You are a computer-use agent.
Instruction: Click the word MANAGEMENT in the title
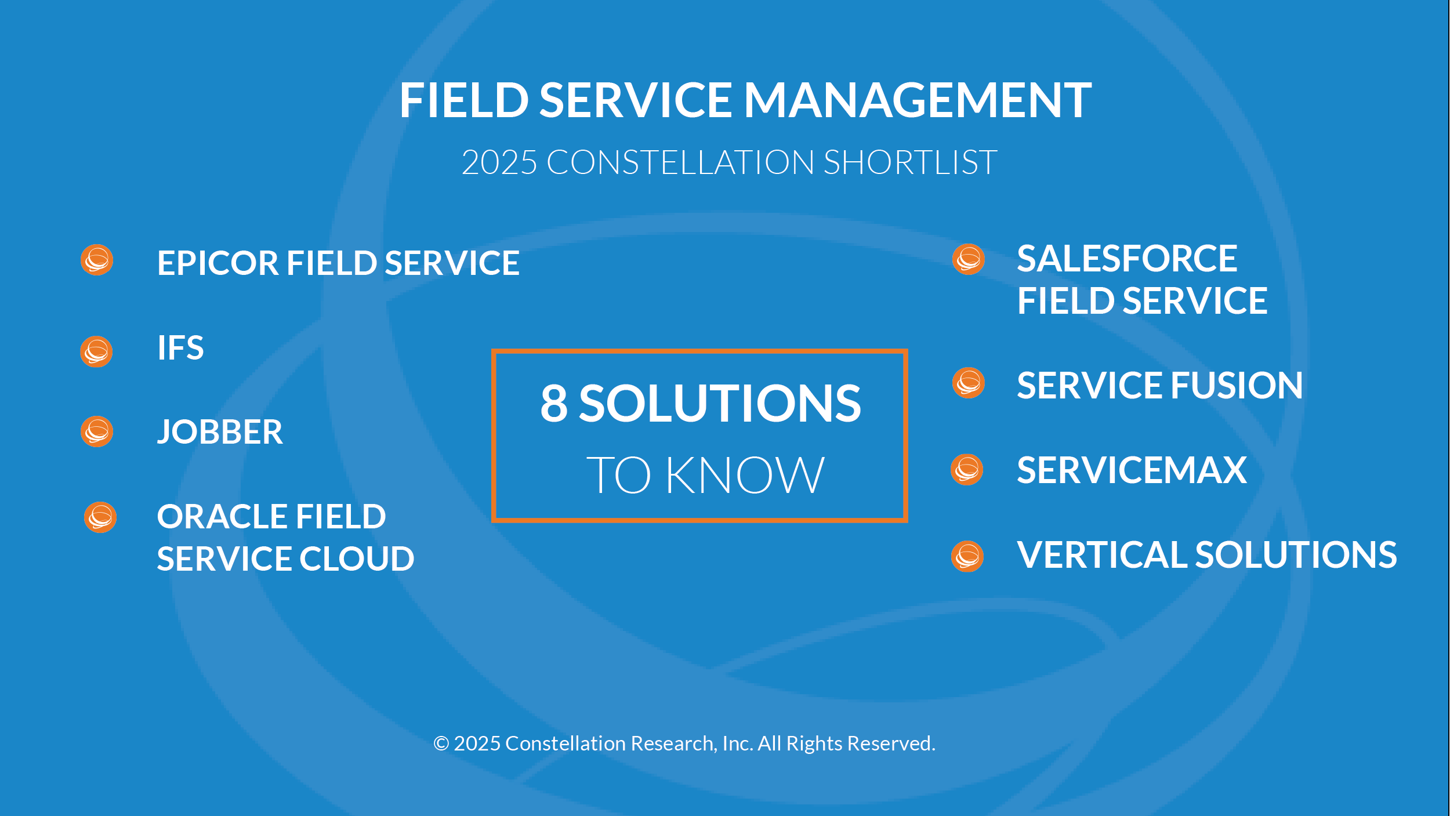pyautogui.click(x=918, y=100)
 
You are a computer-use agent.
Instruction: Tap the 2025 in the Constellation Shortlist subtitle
pyautogui.click(x=499, y=162)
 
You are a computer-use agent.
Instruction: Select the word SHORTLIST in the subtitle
pyautogui.click(x=910, y=162)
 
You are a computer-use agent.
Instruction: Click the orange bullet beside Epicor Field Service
pyautogui.click(x=97, y=260)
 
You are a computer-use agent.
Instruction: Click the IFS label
pyautogui.click(x=180, y=348)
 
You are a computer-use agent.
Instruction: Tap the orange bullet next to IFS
pyautogui.click(x=96, y=351)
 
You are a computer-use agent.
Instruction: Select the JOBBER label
pyautogui.click(x=220, y=432)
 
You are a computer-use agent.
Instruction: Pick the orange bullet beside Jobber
pyautogui.click(x=97, y=431)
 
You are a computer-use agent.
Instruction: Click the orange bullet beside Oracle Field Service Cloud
pyautogui.click(x=100, y=517)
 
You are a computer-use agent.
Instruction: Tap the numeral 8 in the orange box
pyautogui.click(x=554, y=403)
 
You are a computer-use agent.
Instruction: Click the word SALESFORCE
pyautogui.click(x=1127, y=259)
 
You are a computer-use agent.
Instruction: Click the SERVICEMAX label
pyautogui.click(x=1132, y=470)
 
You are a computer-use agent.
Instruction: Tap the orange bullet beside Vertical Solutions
pyautogui.click(x=967, y=556)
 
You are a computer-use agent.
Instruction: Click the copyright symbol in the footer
pyautogui.click(x=441, y=744)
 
